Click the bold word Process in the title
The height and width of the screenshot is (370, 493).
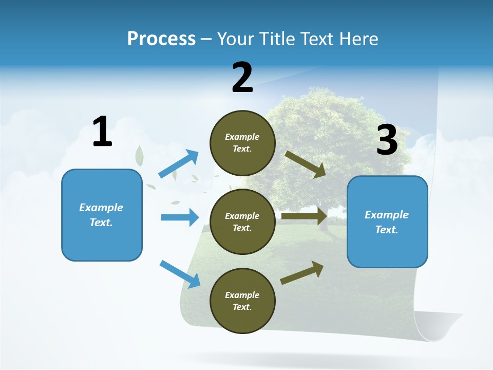point(161,39)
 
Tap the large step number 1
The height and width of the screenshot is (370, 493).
point(102,132)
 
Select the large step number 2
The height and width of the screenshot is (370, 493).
point(242,78)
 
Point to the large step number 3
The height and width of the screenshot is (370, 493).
point(387,140)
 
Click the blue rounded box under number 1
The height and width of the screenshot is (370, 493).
point(102,215)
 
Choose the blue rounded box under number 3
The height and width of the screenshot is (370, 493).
point(387,221)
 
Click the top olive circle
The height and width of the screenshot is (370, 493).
point(242,143)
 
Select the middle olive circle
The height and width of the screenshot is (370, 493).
point(242,221)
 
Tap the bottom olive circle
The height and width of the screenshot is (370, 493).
point(242,301)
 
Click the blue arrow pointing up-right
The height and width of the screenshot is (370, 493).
point(179,163)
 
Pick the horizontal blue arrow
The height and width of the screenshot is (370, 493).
point(180,217)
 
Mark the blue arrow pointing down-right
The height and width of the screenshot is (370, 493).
point(180,274)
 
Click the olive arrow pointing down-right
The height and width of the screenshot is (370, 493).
point(306,164)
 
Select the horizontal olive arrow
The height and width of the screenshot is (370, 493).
point(304,216)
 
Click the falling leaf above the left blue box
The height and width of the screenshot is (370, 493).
point(139,155)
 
